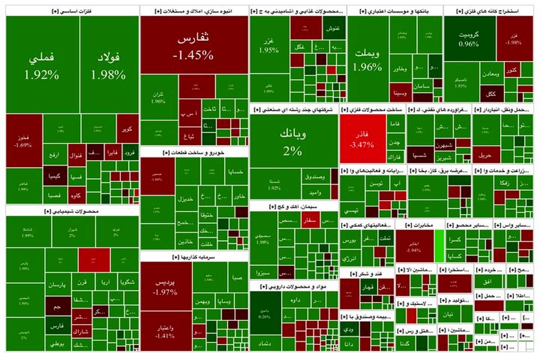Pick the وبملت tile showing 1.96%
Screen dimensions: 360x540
[x=368, y=61]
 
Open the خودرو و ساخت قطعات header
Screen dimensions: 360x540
[x=194, y=153]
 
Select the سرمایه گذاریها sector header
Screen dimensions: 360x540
[x=194, y=257]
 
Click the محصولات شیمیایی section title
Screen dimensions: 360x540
[x=72, y=211]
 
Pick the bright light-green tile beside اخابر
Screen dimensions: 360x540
[x=440, y=246]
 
